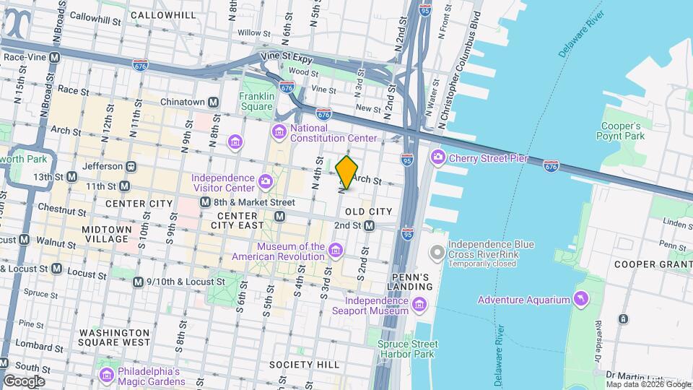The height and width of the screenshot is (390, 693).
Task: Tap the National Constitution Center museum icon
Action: click(x=279, y=132)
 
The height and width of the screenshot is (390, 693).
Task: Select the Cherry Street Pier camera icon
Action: click(x=437, y=157)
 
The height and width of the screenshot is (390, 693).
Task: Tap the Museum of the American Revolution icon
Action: click(x=335, y=251)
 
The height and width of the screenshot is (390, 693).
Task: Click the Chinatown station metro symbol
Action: click(x=214, y=103)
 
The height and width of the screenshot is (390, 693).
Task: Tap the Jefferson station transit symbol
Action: click(x=131, y=165)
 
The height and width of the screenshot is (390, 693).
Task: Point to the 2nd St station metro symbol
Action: click(x=369, y=226)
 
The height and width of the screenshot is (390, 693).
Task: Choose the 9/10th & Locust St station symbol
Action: click(x=138, y=282)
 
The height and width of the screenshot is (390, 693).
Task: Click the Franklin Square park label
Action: click(x=257, y=101)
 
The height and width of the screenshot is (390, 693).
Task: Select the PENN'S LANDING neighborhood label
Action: click(x=411, y=282)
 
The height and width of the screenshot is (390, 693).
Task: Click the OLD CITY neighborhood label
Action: click(x=368, y=211)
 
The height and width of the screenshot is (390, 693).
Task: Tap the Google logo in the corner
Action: click(x=24, y=381)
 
